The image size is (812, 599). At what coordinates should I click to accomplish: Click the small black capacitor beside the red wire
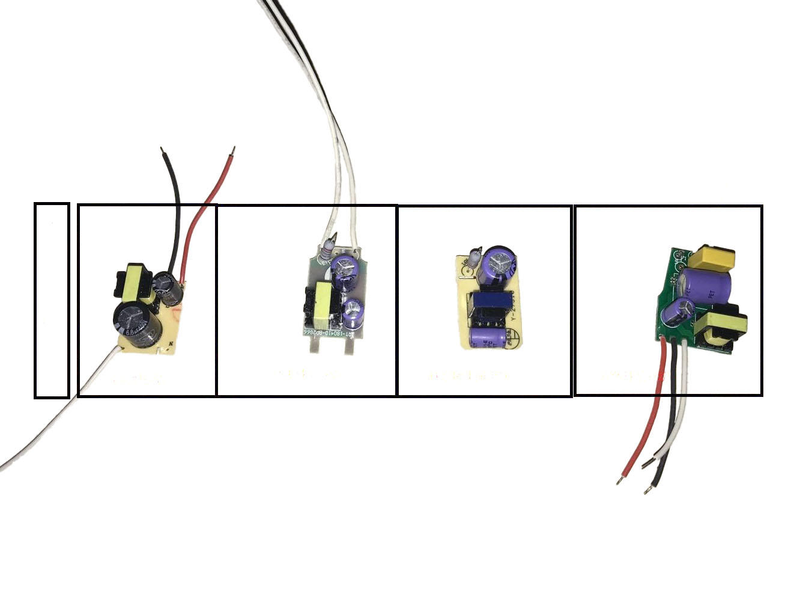pyautogui.click(x=168, y=287)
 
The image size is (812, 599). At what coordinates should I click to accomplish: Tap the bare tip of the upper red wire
pyautogui.click(x=233, y=149)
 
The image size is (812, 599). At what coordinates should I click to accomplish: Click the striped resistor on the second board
pyautogui.click(x=327, y=247)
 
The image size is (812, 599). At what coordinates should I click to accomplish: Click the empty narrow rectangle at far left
pyautogui.click(x=52, y=300)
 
